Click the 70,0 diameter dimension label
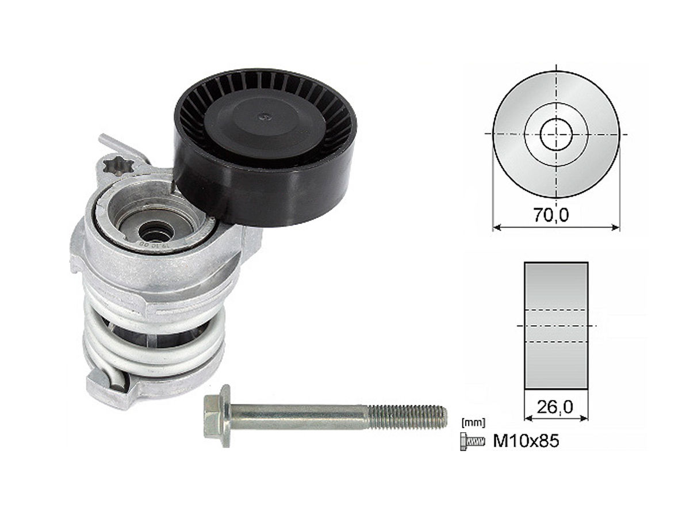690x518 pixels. pos(551,215)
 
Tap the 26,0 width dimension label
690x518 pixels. pos(554,407)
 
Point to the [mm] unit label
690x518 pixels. pos(473,422)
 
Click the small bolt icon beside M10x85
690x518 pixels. pos(471,441)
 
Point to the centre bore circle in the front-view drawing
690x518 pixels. pos(557,135)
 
